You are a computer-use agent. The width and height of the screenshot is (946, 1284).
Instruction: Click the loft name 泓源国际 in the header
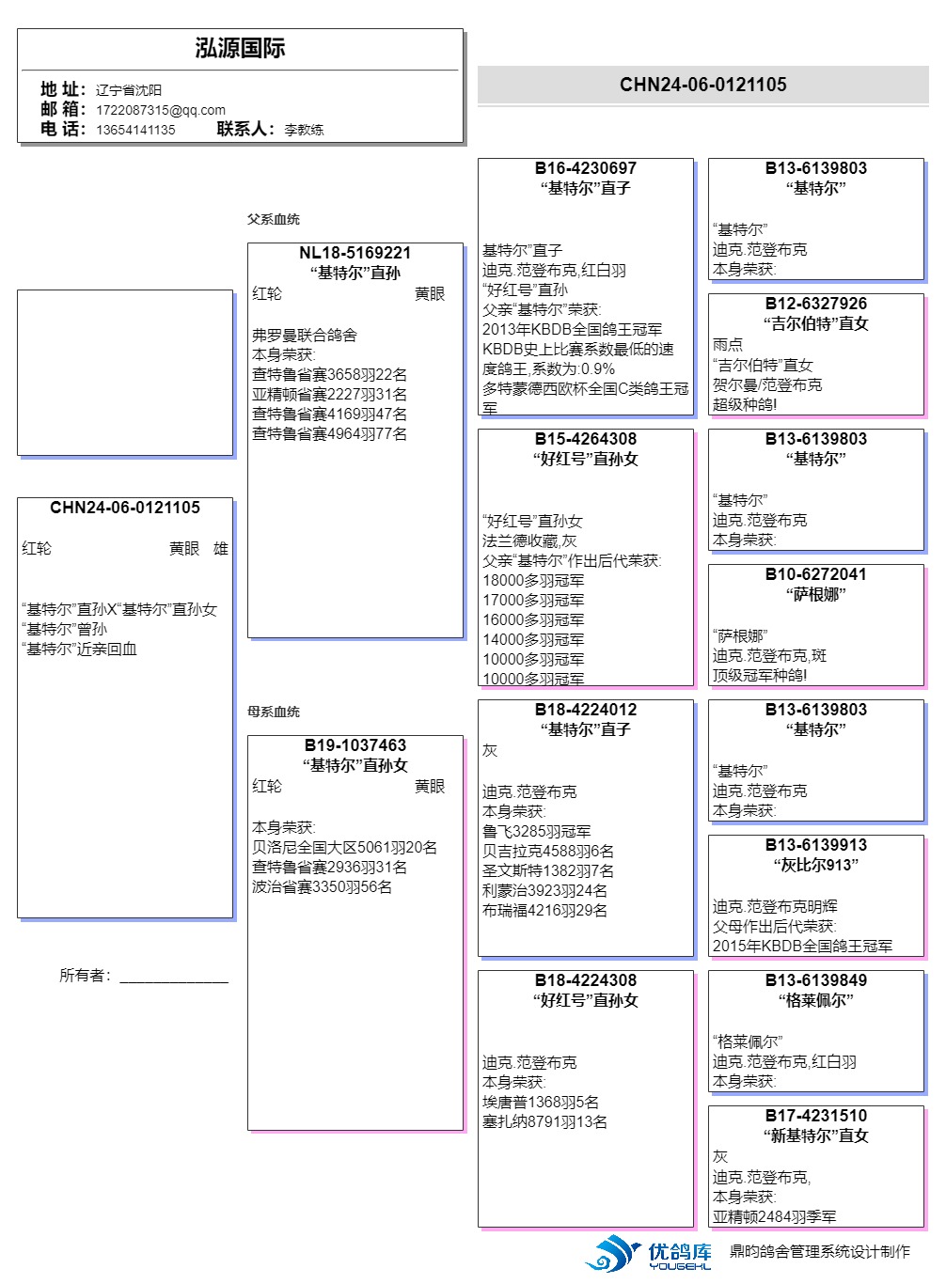(x=240, y=49)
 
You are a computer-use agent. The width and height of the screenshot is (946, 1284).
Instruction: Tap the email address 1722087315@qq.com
(x=161, y=110)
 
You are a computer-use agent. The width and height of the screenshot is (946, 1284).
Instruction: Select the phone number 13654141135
(x=135, y=130)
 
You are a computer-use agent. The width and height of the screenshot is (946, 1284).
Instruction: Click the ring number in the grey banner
(x=702, y=85)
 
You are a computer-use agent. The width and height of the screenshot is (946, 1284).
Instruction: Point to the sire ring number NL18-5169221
(x=355, y=253)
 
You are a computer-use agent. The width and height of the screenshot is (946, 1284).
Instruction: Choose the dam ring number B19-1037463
(x=355, y=745)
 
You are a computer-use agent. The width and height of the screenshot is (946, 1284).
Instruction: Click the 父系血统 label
(x=273, y=219)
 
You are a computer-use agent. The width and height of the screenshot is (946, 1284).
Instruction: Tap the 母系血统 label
(x=273, y=712)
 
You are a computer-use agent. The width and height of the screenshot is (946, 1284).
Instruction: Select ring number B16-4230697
(x=585, y=168)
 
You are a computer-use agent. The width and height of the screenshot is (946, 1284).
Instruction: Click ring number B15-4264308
(x=585, y=439)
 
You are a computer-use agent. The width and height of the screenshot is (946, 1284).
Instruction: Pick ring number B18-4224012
(x=585, y=710)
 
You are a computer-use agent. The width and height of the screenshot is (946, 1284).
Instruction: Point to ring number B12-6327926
(x=815, y=304)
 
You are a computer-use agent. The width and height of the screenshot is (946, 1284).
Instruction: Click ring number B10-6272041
(x=815, y=574)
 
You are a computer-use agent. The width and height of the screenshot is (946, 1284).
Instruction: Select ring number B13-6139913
(x=815, y=845)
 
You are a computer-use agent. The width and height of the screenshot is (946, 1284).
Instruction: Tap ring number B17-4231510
(x=815, y=1116)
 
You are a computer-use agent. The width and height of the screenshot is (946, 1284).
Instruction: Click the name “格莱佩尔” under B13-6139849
(x=815, y=1000)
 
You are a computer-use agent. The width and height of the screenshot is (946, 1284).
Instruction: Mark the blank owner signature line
(x=174, y=978)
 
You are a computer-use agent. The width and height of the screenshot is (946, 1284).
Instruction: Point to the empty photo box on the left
(x=124, y=373)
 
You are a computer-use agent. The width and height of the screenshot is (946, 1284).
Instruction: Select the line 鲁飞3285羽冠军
(x=536, y=831)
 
